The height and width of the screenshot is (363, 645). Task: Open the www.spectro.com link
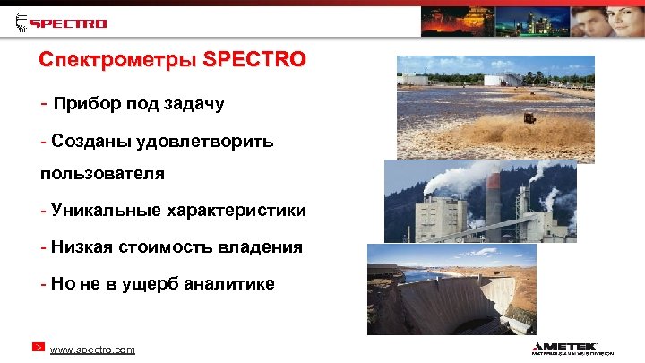click(x=92, y=349)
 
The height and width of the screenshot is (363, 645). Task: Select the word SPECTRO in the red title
click(x=255, y=62)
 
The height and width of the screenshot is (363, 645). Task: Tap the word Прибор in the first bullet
click(x=83, y=104)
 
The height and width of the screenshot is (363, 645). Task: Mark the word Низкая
click(x=78, y=246)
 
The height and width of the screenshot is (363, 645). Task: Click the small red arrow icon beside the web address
click(x=38, y=347)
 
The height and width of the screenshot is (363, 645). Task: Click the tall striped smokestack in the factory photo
click(x=493, y=202)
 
